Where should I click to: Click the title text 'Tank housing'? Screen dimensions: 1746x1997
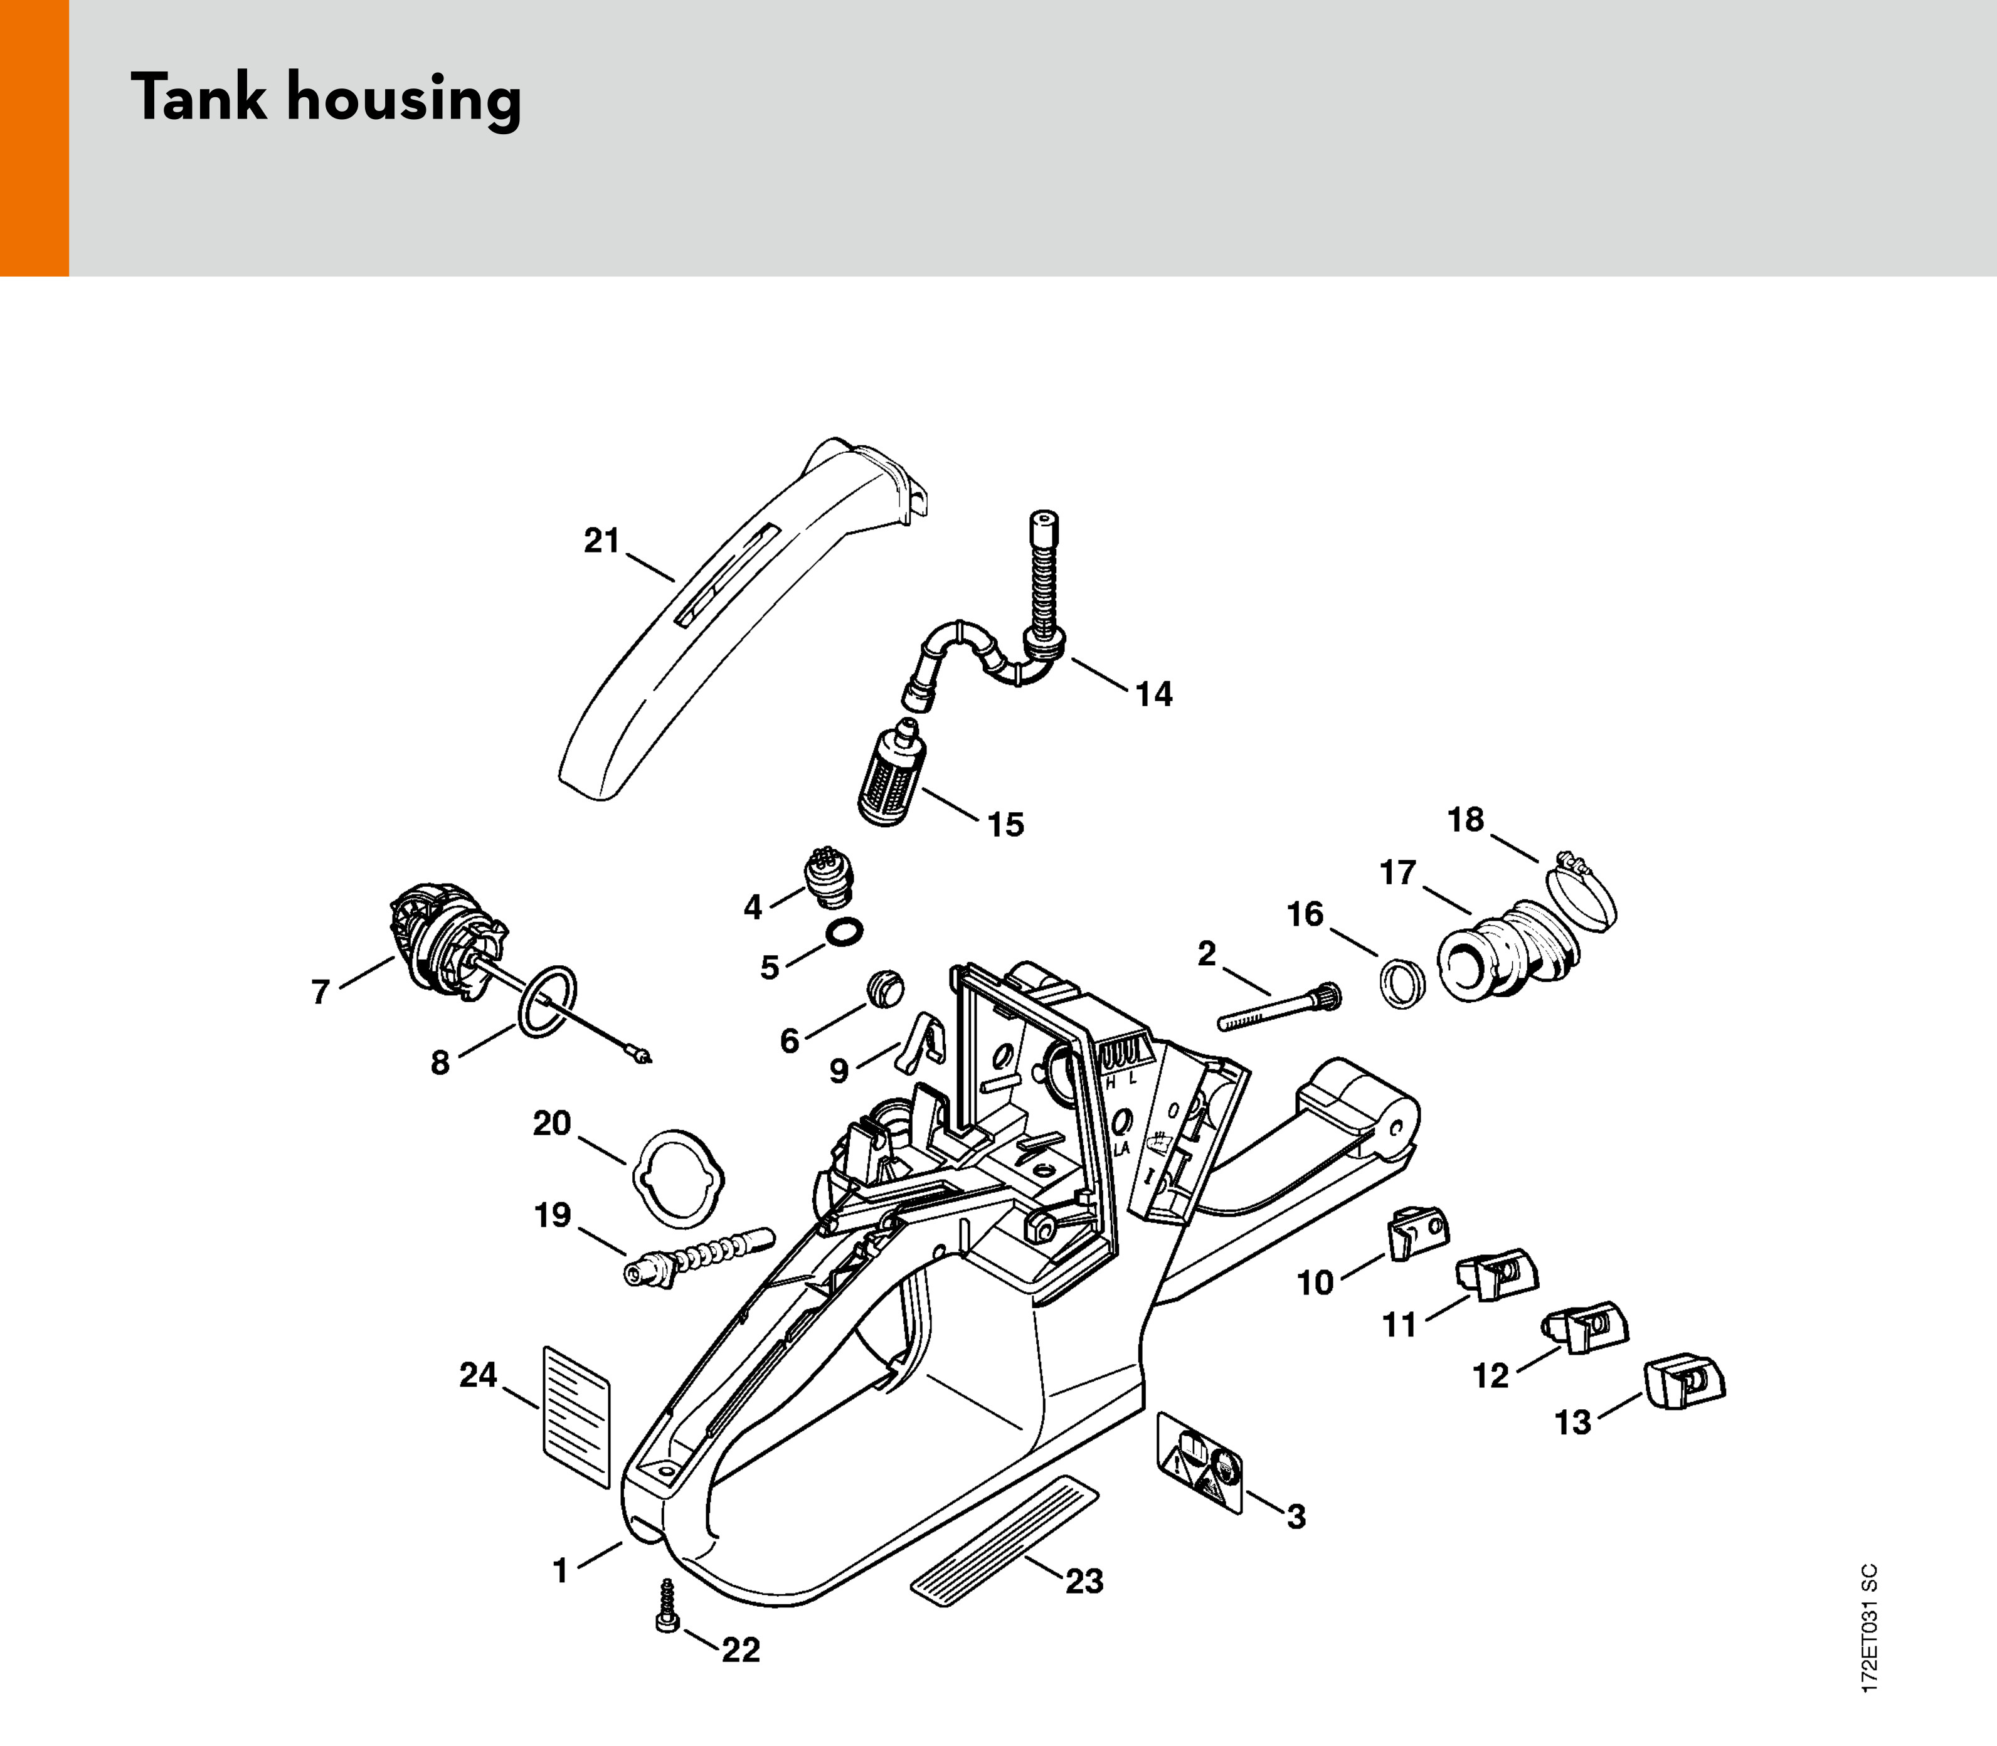(326, 99)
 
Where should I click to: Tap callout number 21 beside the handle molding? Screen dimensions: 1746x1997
(601, 540)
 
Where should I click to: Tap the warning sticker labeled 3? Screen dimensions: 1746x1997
(1201, 1461)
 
